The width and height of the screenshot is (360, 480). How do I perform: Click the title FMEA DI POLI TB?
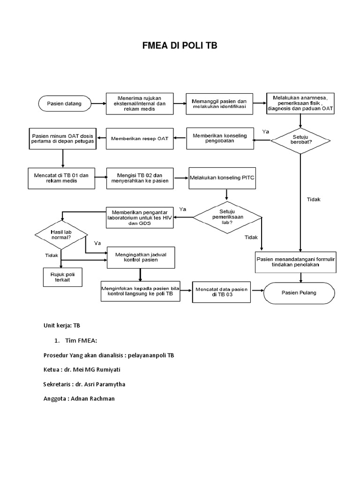(x=180, y=45)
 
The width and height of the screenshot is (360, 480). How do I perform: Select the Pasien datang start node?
(x=65, y=103)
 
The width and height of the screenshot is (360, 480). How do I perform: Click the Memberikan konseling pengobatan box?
(x=220, y=138)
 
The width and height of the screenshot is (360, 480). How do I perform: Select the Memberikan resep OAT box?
(x=139, y=138)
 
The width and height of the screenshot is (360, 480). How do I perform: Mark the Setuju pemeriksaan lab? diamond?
(x=227, y=217)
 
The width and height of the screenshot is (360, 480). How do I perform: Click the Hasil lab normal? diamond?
(x=61, y=233)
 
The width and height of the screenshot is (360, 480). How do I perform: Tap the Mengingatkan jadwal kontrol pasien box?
(x=140, y=256)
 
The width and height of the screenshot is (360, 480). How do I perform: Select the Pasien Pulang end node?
(x=299, y=293)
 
